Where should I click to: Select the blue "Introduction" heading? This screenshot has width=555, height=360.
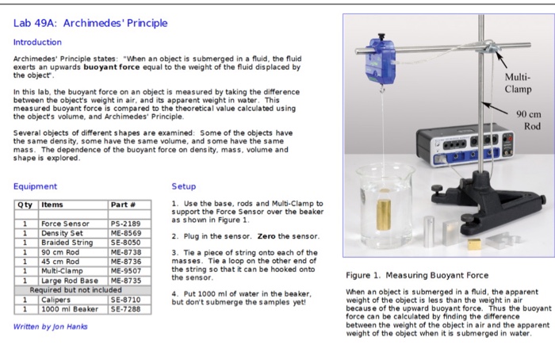pos(37,42)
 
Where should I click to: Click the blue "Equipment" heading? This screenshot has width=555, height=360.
pos(35,186)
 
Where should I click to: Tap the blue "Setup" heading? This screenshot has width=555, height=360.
pos(183,186)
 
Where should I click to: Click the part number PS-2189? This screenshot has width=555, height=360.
pos(125,224)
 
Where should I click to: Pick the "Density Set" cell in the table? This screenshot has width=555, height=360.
pos(61,233)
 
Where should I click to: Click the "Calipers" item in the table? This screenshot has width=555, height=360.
pos(56,300)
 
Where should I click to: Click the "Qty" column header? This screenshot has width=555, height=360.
pos(24,205)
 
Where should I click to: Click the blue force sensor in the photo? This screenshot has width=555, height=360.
pos(381,60)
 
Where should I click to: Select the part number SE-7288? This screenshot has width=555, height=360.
pos(125,308)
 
